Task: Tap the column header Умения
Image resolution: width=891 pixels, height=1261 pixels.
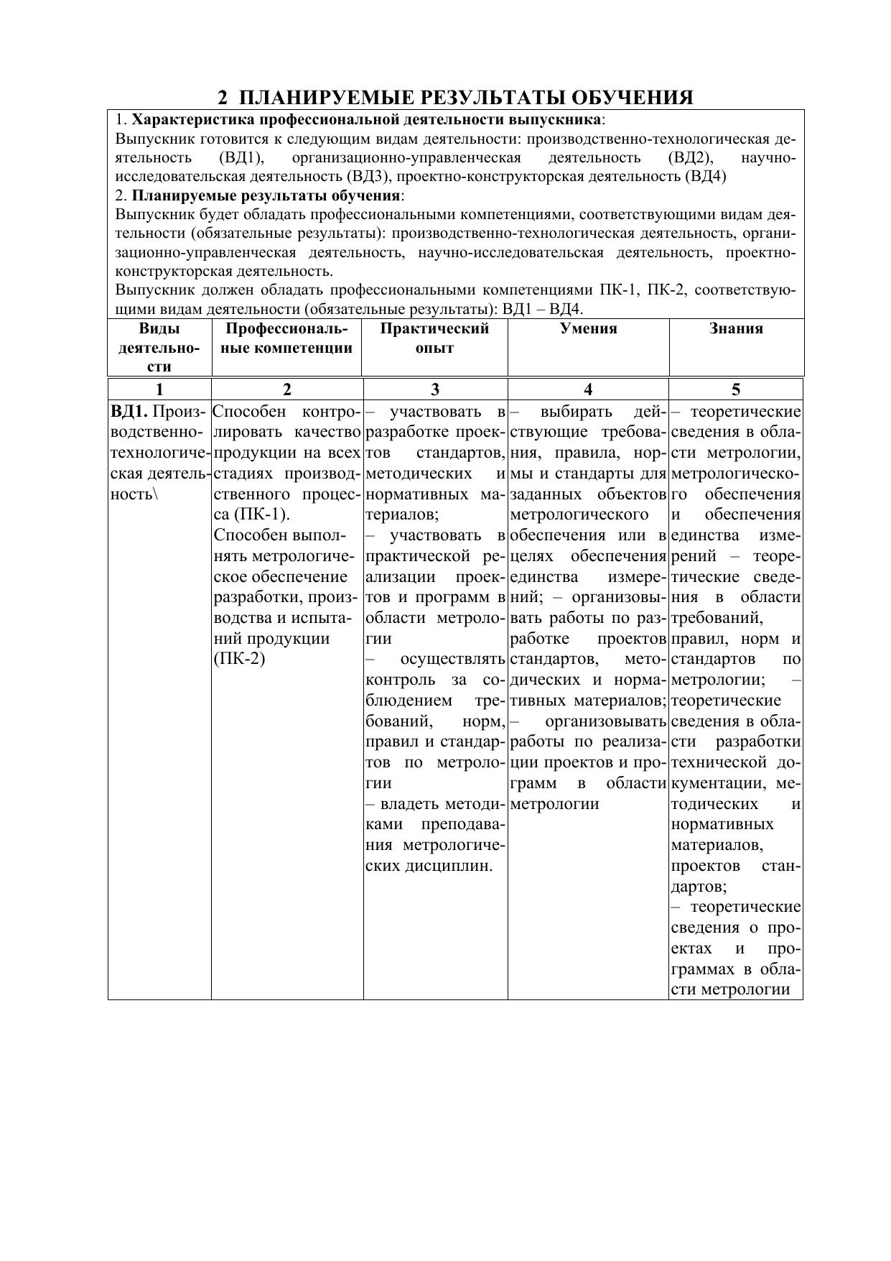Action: [588, 329]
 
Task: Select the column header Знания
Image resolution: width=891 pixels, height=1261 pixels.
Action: [736, 329]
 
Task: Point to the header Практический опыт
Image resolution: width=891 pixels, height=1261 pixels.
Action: [434, 338]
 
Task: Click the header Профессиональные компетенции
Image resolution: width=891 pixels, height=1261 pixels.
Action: [286, 338]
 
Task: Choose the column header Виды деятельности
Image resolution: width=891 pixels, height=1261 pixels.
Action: [159, 348]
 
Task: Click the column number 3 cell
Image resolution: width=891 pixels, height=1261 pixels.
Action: [434, 389]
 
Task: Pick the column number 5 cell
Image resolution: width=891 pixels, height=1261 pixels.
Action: [736, 389]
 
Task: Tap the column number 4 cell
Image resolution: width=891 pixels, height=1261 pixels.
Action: [588, 389]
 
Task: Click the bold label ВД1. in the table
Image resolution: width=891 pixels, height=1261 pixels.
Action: [129, 412]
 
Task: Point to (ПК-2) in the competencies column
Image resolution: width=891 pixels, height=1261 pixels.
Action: [240, 659]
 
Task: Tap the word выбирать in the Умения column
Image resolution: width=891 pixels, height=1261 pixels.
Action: [576, 412]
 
